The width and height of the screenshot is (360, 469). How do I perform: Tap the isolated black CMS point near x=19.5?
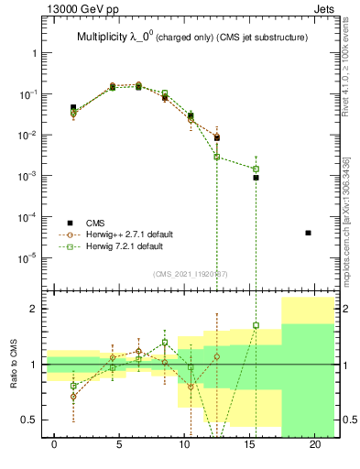click(308, 233)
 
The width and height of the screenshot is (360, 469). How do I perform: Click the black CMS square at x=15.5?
click(256, 178)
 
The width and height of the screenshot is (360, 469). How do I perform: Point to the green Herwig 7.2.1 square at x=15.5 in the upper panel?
click(256, 169)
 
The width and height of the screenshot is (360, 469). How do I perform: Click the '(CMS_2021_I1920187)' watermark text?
click(191, 274)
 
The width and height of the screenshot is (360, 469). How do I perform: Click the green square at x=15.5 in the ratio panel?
click(256, 325)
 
